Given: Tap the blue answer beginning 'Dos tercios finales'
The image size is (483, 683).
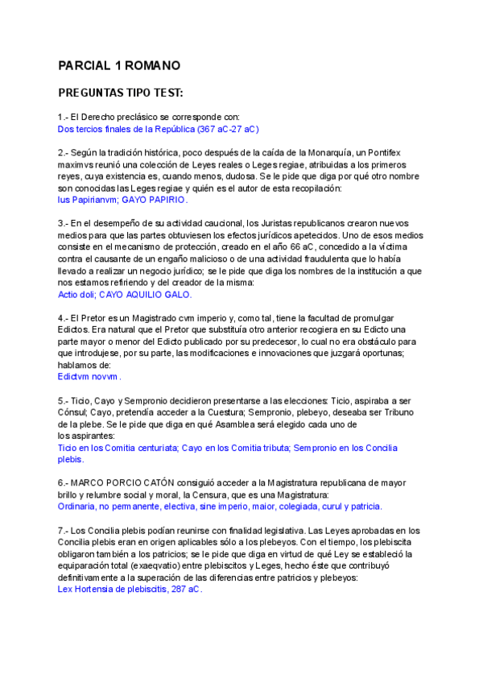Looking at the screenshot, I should tap(159, 129).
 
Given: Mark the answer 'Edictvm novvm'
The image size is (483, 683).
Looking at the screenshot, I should tap(89, 376).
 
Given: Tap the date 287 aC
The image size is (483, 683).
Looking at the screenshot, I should tap(186, 590).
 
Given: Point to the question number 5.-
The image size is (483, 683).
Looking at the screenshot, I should tap(64, 400).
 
